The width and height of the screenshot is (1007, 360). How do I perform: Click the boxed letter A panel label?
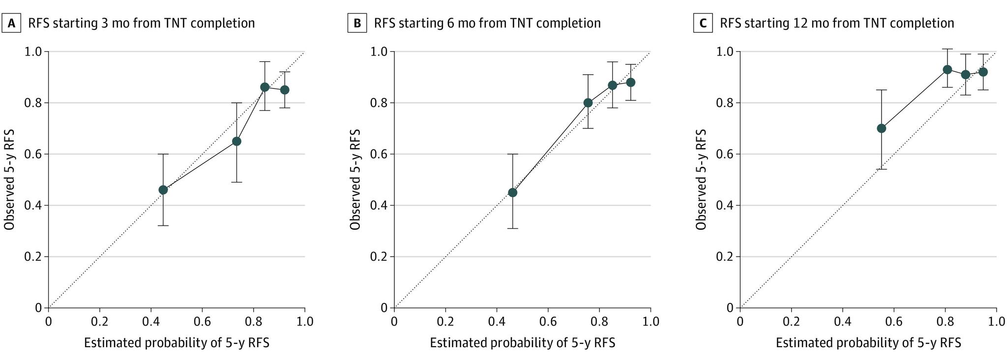11,23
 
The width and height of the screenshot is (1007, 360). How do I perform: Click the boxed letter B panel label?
357,23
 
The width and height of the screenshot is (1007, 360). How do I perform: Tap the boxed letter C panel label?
703,23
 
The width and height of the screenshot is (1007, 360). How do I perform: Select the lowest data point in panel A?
163,190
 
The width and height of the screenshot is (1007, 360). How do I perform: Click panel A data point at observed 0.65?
237,141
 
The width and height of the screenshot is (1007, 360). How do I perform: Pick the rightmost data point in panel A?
284,90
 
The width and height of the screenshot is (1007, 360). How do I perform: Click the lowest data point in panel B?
512,192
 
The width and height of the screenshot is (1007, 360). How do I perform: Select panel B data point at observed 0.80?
588,103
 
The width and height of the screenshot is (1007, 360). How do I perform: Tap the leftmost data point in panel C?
882,128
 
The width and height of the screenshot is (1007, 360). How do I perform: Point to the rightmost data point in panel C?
983,72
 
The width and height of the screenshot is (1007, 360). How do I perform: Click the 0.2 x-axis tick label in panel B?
445,322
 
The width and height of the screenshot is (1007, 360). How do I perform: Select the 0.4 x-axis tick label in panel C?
843,322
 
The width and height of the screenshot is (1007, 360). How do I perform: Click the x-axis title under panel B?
522,343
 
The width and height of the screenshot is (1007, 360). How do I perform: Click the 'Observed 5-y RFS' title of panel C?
701,180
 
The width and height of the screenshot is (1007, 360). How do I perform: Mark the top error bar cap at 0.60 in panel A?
163,154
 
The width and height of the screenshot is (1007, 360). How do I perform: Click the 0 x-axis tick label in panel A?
48,322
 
